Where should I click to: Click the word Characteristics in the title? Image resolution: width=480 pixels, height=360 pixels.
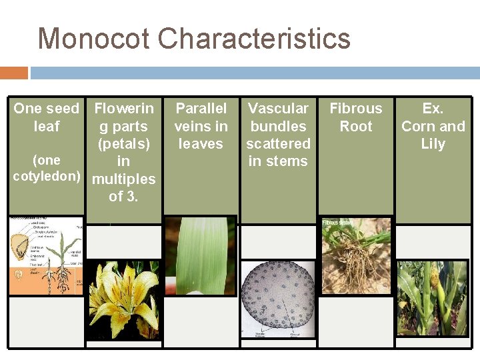[x=255, y=39]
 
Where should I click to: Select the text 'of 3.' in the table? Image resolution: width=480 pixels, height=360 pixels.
[x=123, y=197]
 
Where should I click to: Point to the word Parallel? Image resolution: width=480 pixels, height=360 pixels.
[x=201, y=108]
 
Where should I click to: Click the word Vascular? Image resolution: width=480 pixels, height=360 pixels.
[x=278, y=108]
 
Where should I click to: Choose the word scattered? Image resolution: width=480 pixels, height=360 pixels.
[x=278, y=143]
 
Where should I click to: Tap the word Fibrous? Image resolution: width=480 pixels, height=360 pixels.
[x=356, y=108]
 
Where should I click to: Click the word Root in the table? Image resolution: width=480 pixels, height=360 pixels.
[x=356, y=126]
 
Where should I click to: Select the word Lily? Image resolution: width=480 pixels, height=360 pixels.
[x=433, y=143]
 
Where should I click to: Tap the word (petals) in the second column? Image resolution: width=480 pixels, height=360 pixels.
[x=123, y=143]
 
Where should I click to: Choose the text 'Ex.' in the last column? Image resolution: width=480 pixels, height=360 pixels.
[x=433, y=108]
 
